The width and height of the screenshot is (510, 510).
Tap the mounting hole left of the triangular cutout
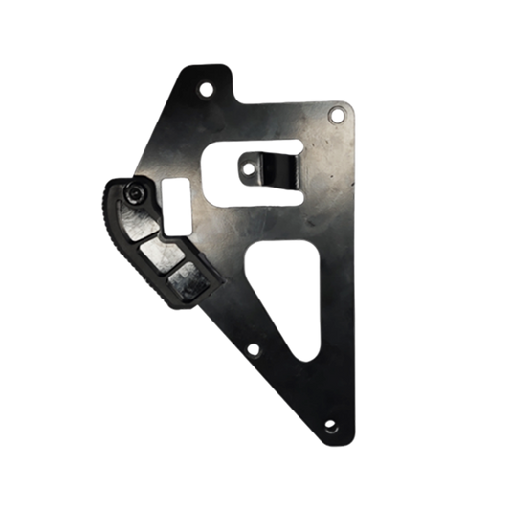tap(253, 350)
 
